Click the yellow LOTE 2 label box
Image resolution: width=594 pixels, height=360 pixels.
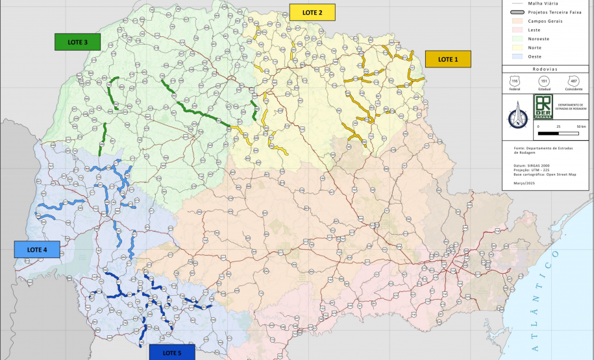pos(312,12)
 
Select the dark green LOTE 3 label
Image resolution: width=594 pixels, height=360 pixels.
pos(77,42)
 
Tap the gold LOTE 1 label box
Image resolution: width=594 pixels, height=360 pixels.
pos(448,59)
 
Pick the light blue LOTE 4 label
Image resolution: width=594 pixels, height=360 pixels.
pos(36,250)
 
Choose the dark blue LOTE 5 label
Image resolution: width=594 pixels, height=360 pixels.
pos(172,352)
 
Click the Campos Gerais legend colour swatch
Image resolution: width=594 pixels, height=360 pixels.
pos(514,21)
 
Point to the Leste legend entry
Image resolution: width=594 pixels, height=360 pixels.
pos(534,30)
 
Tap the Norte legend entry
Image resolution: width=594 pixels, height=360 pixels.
pos(535,47)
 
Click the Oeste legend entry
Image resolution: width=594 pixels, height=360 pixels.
pos(534,56)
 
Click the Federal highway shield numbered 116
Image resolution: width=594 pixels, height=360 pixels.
pos(515,81)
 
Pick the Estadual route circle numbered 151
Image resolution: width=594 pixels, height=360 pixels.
pos(544,81)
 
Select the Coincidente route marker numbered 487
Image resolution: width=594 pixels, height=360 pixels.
pos(573,81)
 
